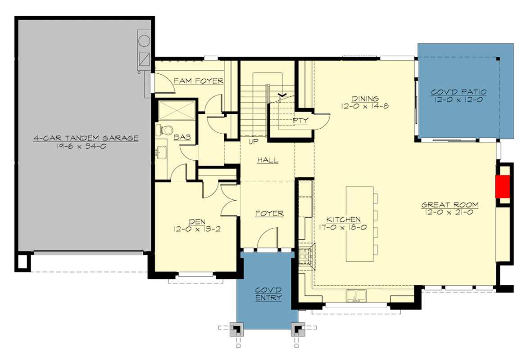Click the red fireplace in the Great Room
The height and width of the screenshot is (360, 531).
[x=502, y=186]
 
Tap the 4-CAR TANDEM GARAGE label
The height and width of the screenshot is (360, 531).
[x=86, y=138]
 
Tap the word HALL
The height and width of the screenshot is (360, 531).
[x=268, y=160]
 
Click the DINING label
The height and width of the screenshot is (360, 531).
[x=365, y=99]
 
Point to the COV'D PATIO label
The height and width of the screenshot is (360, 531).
[x=458, y=92]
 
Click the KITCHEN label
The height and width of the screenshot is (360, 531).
[x=344, y=220]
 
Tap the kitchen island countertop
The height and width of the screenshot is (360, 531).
[x=359, y=224]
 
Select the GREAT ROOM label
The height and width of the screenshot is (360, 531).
[x=450, y=205]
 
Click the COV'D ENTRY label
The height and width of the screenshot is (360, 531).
[x=269, y=294]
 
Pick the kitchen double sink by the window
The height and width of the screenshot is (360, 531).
[x=356, y=296]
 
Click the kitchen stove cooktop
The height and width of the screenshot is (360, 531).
[x=305, y=257]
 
